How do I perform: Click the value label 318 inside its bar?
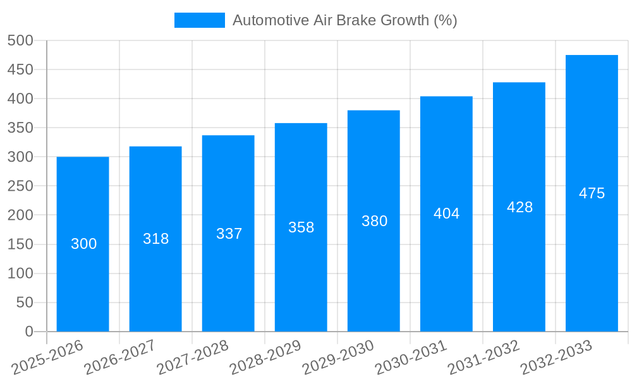(155, 239)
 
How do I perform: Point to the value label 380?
(374, 221)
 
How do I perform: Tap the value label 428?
(520, 207)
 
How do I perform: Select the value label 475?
(592, 193)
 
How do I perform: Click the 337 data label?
(229, 234)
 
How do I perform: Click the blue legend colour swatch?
(199, 20)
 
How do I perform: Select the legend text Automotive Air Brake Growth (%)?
(344, 20)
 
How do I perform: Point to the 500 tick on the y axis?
(20, 40)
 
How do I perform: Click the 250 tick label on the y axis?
(20, 186)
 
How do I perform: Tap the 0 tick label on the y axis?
(28, 332)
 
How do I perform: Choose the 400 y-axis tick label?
(20, 99)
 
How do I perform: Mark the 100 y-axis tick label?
(20, 274)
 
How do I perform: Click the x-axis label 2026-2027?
(120, 358)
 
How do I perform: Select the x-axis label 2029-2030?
(338, 358)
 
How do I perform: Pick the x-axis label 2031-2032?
(483, 358)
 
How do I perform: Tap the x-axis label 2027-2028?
(193, 358)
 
